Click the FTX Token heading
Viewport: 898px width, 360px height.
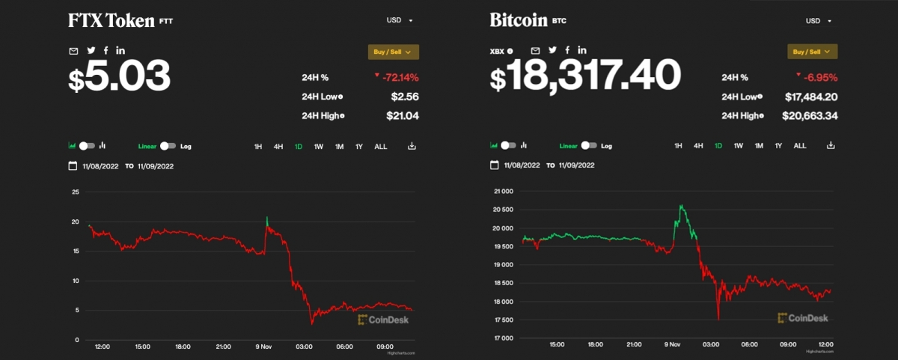pos(112,21)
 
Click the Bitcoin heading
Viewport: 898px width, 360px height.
pos(519,20)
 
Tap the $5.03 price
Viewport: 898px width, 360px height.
pos(120,76)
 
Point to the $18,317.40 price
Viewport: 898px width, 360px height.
pos(585,76)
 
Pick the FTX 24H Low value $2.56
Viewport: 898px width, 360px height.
pos(404,97)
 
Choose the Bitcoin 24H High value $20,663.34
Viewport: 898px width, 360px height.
pos(810,115)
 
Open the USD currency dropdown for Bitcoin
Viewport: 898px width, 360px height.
pos(818,21)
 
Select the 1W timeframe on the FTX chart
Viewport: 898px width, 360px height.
pos(318,146)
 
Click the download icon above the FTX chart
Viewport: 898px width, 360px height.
pos(412,146)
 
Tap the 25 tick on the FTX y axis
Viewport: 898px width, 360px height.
pos(75,192)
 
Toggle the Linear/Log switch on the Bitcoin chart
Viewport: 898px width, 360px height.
pos(590,145)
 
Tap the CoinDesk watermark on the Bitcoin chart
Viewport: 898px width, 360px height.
pos(804,318)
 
